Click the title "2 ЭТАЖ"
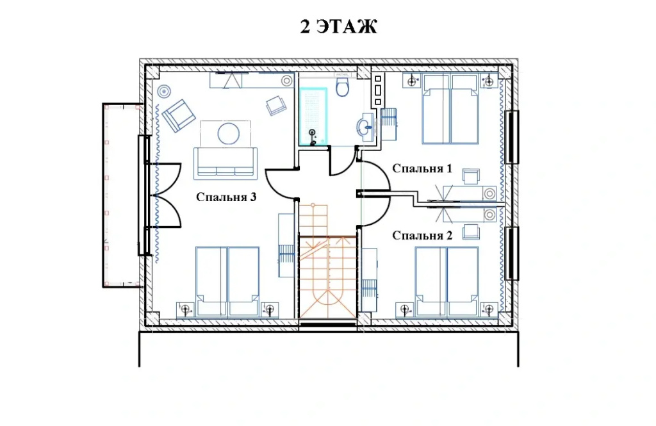[338, 26]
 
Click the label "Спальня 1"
[422, 168]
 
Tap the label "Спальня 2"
[422, 236]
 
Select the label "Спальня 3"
[226, 197]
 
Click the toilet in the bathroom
[343, 86]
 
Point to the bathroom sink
[365, 125]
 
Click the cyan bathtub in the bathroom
[313, 117]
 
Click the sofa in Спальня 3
[225, 163]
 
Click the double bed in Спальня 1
[450, 110]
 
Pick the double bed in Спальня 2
[447, 281]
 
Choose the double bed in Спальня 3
[227, 281]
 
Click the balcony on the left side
[122, 195]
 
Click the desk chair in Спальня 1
[471, 176]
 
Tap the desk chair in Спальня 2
[471, 231]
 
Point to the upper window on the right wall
[512, 137]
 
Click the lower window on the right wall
[512, 254]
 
